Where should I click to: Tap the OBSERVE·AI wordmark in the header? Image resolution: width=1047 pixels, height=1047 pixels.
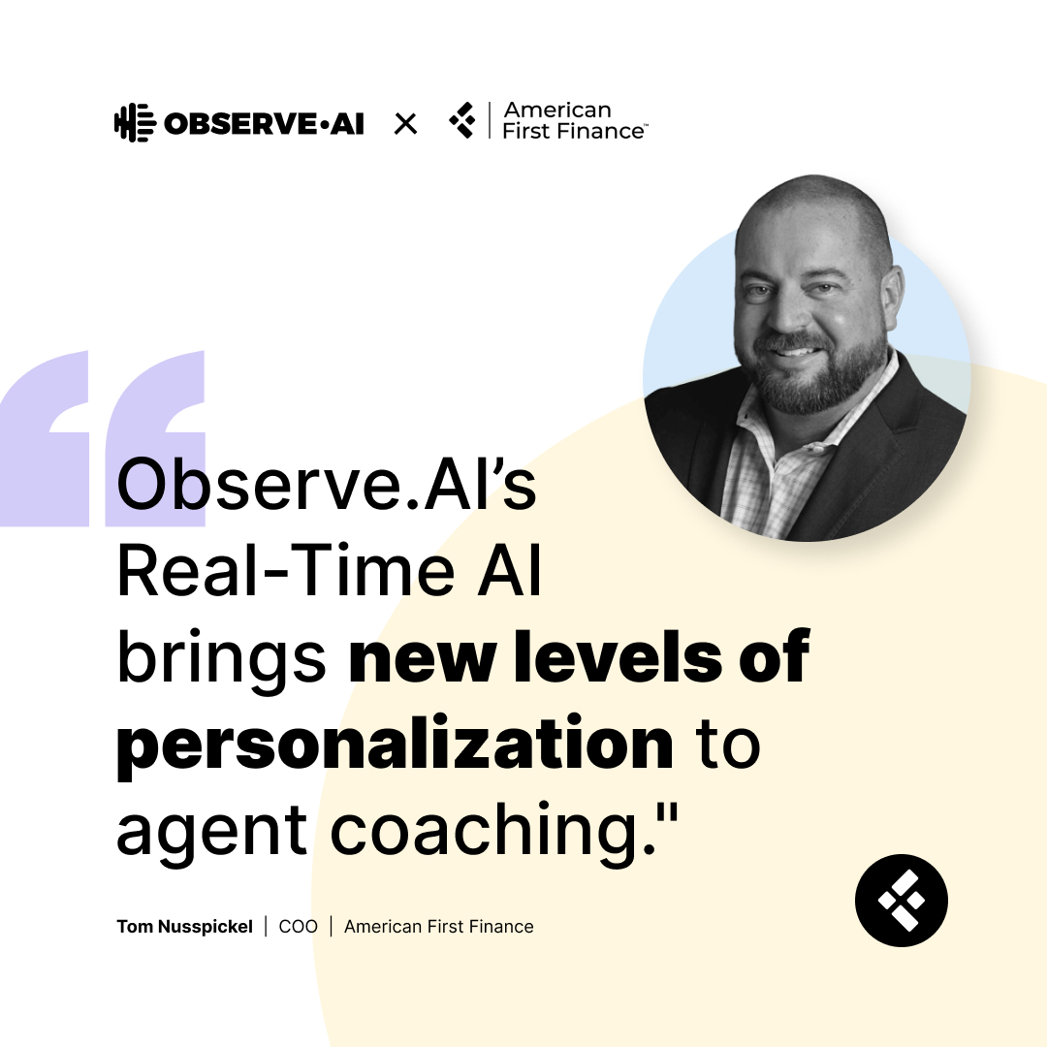(264, 124)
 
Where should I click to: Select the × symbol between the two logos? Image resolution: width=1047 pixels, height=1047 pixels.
(405, 123)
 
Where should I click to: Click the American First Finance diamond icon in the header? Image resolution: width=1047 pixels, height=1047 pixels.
(463, 121)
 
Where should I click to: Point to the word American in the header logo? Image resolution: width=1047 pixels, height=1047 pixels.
(557, 110)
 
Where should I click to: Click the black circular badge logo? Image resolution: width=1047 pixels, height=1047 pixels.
(901, 901)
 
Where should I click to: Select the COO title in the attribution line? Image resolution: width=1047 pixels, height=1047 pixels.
(298, 927)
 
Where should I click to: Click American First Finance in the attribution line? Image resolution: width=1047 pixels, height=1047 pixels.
(438, 927)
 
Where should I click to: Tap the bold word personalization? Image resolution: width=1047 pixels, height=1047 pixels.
(395, 745)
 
